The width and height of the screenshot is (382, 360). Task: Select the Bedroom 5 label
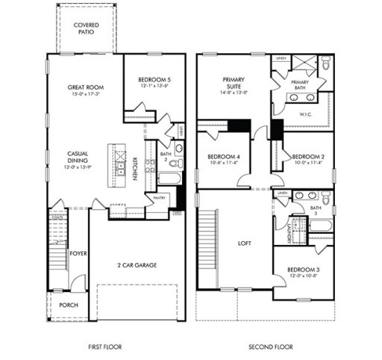[154, 80]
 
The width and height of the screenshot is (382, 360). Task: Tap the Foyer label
[78, 254]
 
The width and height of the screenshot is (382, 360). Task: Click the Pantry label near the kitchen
[158, 197]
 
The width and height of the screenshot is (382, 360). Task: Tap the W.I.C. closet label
[305, 114]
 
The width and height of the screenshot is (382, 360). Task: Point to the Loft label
[243, 243]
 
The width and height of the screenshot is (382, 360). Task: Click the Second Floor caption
[271, 347]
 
